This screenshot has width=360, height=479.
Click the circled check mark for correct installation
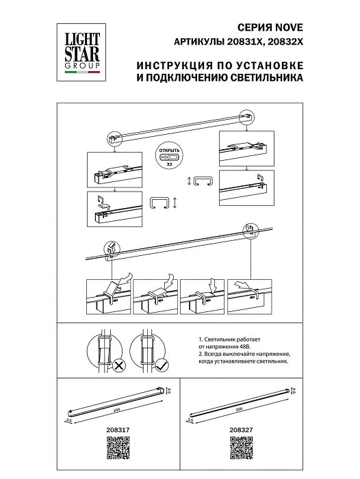161,365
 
